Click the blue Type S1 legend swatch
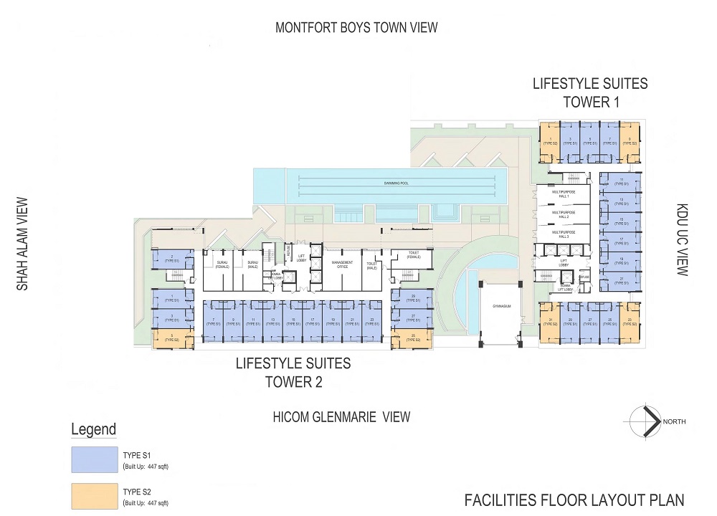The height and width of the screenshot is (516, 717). tap(94, 459)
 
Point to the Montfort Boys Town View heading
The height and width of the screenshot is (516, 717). tap(356, 28)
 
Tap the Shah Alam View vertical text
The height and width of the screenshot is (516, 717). tap(22, 244)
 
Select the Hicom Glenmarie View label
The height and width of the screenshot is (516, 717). tap(341, 417)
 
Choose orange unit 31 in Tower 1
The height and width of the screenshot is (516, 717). tap(550, 323)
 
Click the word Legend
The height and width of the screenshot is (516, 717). tap(93, 430)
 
